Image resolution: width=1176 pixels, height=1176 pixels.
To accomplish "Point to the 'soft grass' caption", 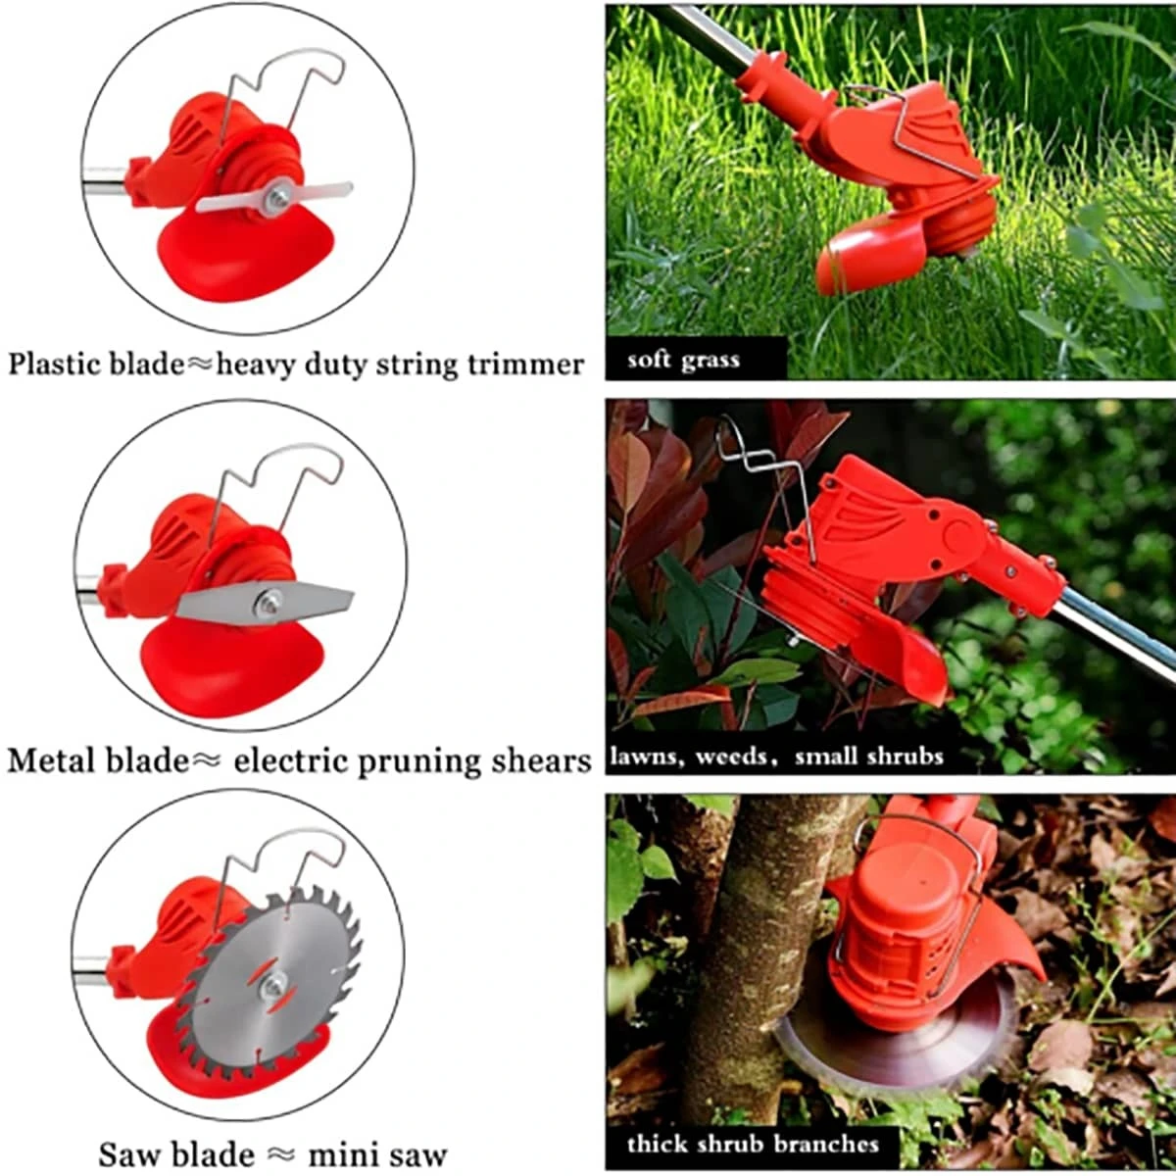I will (x=683, y=360).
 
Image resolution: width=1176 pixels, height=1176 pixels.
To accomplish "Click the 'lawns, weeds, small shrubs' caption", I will (x=776, y=757).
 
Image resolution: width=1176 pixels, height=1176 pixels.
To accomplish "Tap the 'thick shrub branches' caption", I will (x=753, y=1144).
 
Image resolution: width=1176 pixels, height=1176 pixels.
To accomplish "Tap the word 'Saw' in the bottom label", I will (x=122, y=1152).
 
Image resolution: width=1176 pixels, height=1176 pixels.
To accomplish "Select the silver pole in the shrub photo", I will (x=1117, y=637).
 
